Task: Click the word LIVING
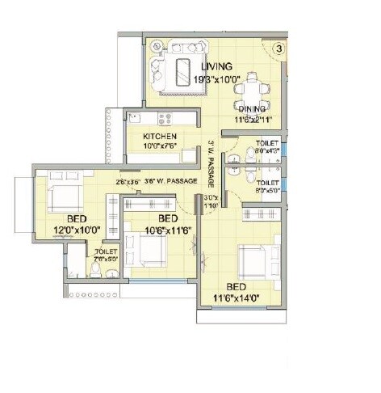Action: (x=218, y=65)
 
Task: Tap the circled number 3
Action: (x=277, y=49)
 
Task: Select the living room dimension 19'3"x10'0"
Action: (x=217, y=78)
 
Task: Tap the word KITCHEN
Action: (x=160, y=137)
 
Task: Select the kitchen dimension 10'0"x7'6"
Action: (x=161, y=146)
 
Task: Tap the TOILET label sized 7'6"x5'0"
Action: (x=106, y=256)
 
